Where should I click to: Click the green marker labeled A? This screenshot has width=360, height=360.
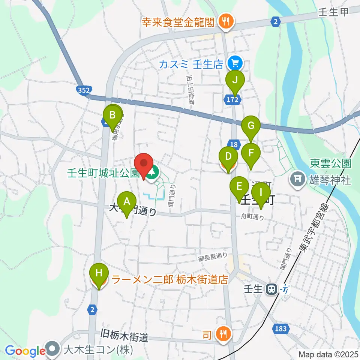pyautogui.click(x=127, y=202)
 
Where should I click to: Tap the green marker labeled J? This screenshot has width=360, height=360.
pyautogui.click(x=235, y=80)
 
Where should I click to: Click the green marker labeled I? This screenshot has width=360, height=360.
pyautogui.click(x=261, y=193)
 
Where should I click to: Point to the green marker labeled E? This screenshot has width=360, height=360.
pyautogui.click(x=238, y=186)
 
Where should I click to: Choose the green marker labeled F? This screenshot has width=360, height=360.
pyautogui.click(x=251, y=153)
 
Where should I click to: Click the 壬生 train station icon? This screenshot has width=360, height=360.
pyautogui.click(x=270, y=289)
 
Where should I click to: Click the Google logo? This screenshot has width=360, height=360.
pyautogui.click(x=25, y=351)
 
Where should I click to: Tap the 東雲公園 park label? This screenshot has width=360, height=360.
pyautogui.click(x=330, y=163)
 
